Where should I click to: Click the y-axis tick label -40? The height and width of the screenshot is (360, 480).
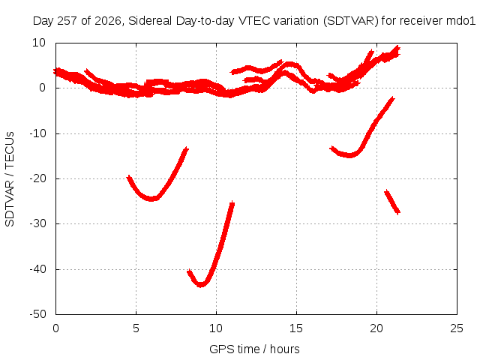point(37,269)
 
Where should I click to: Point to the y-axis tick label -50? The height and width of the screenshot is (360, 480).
point(37,314)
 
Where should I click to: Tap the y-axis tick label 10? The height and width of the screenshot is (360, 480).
point(39,43)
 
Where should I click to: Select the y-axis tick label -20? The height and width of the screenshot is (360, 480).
point(37,178)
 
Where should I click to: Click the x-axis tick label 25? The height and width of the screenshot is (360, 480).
point(457,328)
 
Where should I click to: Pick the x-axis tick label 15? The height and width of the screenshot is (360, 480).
point(296,328)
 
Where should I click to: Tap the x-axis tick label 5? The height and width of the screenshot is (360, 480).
point(136,328)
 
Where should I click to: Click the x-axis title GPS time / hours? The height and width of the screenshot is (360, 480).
point(254,349)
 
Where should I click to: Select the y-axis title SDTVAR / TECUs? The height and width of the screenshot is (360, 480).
point(10,179)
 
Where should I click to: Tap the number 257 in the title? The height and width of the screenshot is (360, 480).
point(67,21)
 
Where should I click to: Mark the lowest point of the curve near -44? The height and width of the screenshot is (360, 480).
point(201,285)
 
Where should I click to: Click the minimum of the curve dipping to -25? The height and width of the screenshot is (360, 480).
point(151,199)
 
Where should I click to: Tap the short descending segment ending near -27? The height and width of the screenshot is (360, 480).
point(392,202)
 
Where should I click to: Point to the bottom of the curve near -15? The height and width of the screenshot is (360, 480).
point(349,155)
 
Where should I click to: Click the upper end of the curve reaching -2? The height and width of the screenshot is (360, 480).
point(393,98)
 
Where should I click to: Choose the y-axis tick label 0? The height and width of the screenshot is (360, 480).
point(42,88)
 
